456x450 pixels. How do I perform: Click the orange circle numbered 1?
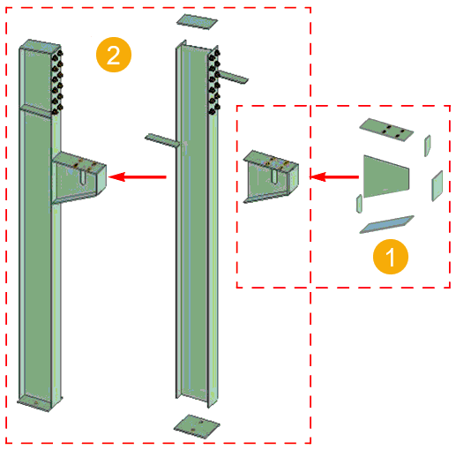pos(390,257)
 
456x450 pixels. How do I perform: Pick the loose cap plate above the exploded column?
pos(195,20)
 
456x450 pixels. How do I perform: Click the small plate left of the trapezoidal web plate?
pos(358,204)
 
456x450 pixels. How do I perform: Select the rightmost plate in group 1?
pos(437,185)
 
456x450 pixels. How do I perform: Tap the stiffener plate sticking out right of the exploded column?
pos(232,78)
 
